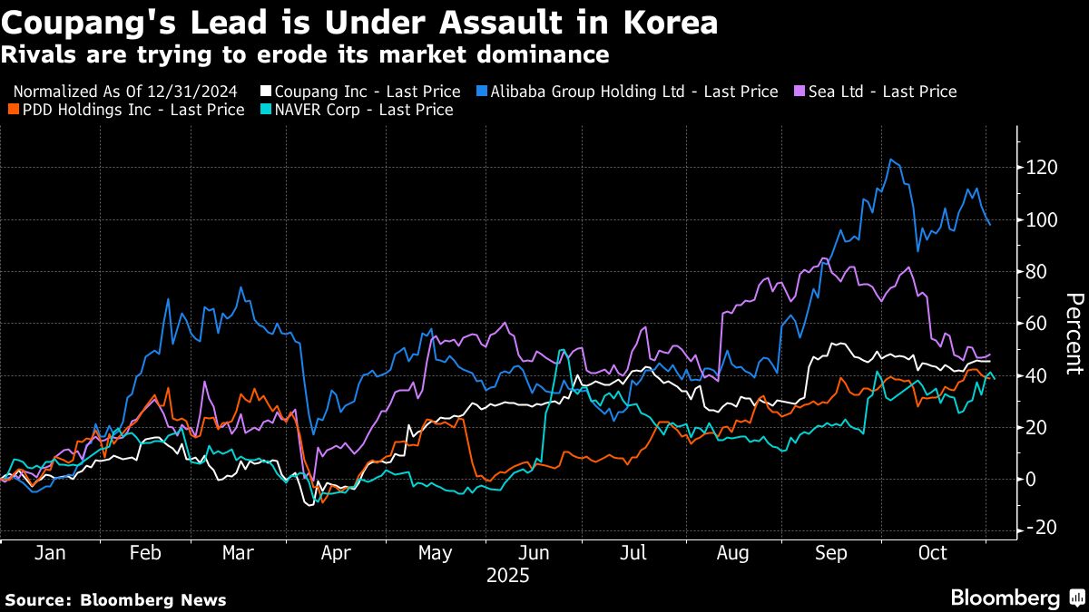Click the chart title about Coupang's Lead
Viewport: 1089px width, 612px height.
point(360,23)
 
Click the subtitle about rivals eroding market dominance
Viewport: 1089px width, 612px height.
point(305,55)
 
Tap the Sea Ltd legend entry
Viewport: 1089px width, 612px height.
point(878,92)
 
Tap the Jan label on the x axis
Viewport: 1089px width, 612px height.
point(50,553)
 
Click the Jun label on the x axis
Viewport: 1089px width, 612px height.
point(535,553)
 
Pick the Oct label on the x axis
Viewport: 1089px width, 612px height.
point(932,553)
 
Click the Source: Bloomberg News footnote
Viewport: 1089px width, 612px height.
point(115,599)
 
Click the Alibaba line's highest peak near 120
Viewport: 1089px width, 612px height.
point(891,160)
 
